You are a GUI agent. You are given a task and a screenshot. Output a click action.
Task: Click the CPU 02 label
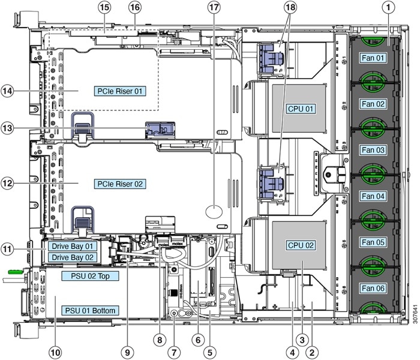301,245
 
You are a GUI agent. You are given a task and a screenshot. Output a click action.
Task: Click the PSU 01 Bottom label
89,310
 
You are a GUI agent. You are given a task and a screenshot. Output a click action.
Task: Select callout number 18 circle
290,8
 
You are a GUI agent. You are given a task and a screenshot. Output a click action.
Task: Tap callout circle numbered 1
390,8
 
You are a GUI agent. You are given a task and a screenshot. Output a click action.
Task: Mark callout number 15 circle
105,8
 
